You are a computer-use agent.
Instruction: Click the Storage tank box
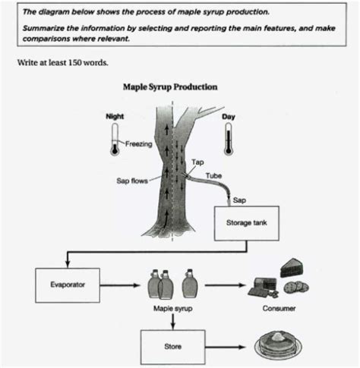243,223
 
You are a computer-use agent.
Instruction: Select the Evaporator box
68,286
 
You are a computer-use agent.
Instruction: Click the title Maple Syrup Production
170,86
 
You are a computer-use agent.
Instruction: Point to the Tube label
213,175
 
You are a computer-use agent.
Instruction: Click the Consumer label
278,310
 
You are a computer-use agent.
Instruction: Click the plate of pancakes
277,344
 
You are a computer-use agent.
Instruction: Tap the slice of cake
292,267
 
